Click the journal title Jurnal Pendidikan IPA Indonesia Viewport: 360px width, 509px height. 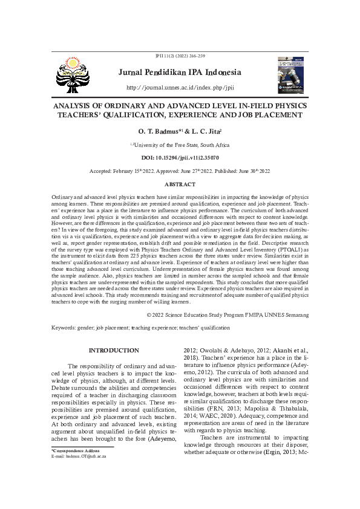180,73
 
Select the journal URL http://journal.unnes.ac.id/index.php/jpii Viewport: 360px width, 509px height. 180,88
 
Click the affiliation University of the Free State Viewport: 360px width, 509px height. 180,145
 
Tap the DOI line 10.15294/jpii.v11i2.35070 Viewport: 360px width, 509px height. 180,157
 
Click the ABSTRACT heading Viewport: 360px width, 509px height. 180,184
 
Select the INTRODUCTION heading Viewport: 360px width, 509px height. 114,351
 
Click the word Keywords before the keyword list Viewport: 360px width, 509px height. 62,328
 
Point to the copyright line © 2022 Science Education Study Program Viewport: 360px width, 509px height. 228,315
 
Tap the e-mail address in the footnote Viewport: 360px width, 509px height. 79,456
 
